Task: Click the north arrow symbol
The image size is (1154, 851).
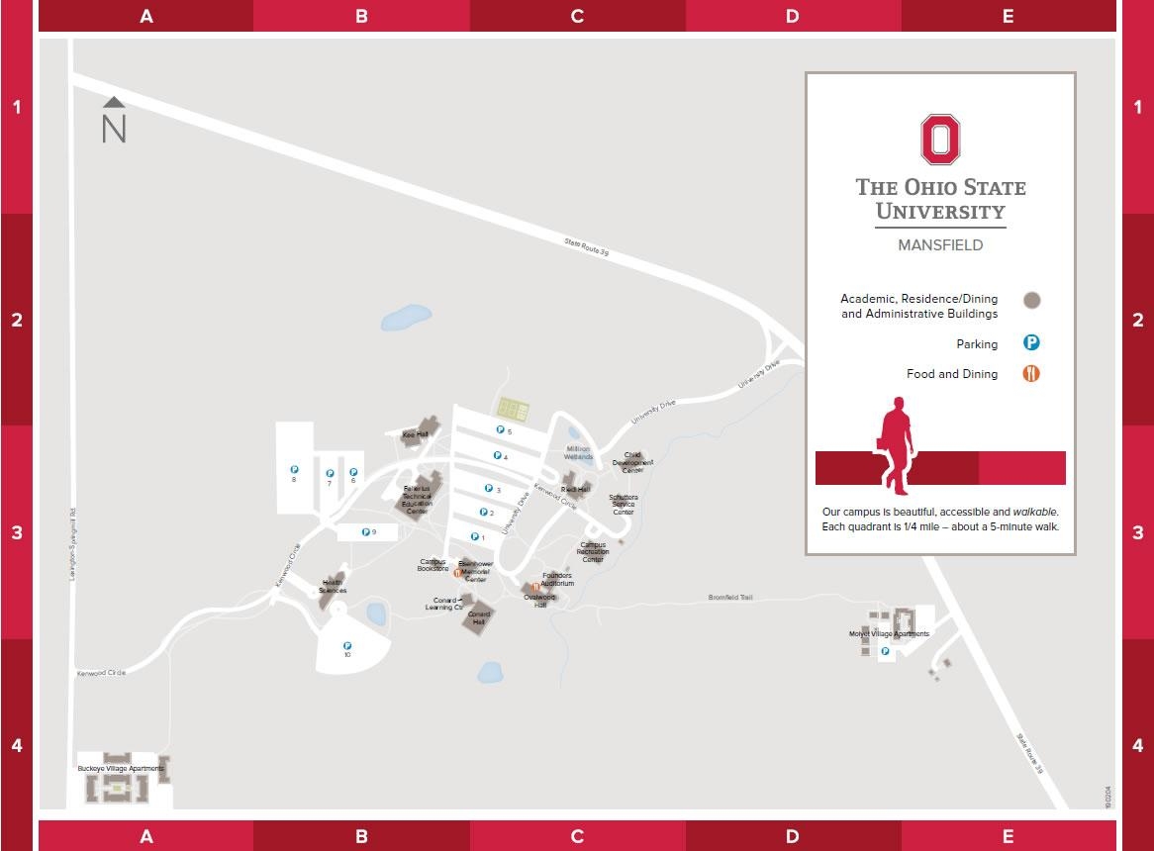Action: pyautogui.click(x=114, y=121)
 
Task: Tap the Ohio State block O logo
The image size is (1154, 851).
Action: pyautogui.click(x=940, y=140)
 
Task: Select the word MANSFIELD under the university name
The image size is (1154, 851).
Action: pyautogui.click(x=939, y=244)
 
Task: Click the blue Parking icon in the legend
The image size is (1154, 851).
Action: pyautogui.click(x=1031, y=343)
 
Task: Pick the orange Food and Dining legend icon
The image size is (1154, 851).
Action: pyautogui.click(x=1031, y=373)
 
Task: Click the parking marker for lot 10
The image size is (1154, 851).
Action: pyautogui.click(x=347, y=647)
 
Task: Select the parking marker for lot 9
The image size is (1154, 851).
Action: pyautogui.click(x=365, y=532)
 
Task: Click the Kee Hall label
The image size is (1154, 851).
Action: pyautogui.click(x=415, y=434)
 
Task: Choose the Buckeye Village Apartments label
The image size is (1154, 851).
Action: pyautogui.click(x=120, y=768)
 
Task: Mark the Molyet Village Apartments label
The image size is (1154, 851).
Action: pyautogui.click(x=889, y=633)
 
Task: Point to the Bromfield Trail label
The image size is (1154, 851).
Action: pyautogui.click(x=730, y=598)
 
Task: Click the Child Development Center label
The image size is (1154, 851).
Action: pyautogui.click(x=632, y=462)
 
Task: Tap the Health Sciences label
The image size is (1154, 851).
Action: pyautogui.click(x=333, y=587)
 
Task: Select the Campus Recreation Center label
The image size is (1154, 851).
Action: pyautogui.click(x=593, y=552)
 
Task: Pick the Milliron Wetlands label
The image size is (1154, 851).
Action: pyautogui.click(x=579, y=453)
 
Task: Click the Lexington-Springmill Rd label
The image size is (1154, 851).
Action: pyautogui.click(x=72, y=544)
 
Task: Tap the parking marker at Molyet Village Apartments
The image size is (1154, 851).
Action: pyautogui.click(x=885, y=651)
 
